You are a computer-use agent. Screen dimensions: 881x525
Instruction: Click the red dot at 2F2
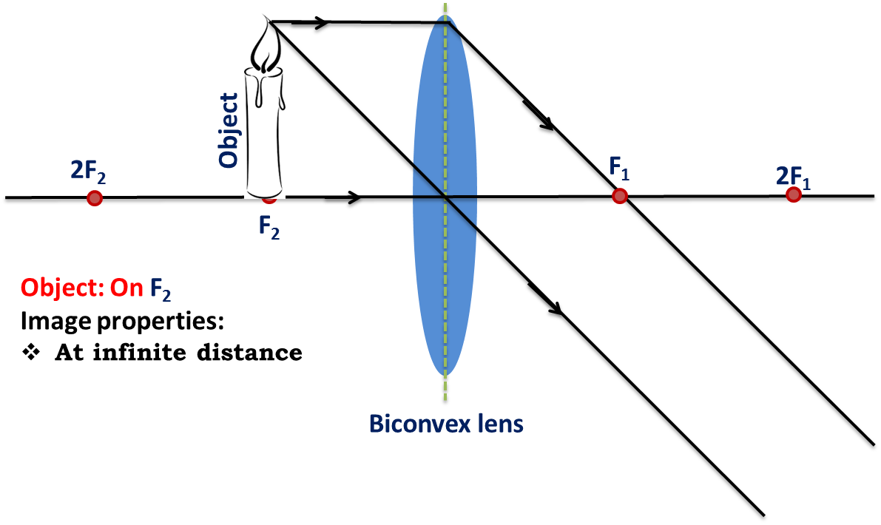point(95,197)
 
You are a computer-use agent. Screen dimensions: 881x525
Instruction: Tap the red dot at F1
point(620,196)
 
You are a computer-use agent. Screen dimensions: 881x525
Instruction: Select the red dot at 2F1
point(794,194)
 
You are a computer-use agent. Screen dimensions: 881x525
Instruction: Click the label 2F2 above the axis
point(88,172)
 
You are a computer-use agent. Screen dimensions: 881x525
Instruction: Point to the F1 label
point(619,168)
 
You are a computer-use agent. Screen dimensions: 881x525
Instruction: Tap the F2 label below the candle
point(269,228)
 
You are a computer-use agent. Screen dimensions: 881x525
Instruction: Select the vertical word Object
point(229,130)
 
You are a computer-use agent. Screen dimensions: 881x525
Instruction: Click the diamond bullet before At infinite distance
point(32,353)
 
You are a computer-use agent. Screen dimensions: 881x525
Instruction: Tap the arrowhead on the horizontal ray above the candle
point(318,22)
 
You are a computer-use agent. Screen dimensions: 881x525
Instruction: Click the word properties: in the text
point(161,322)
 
